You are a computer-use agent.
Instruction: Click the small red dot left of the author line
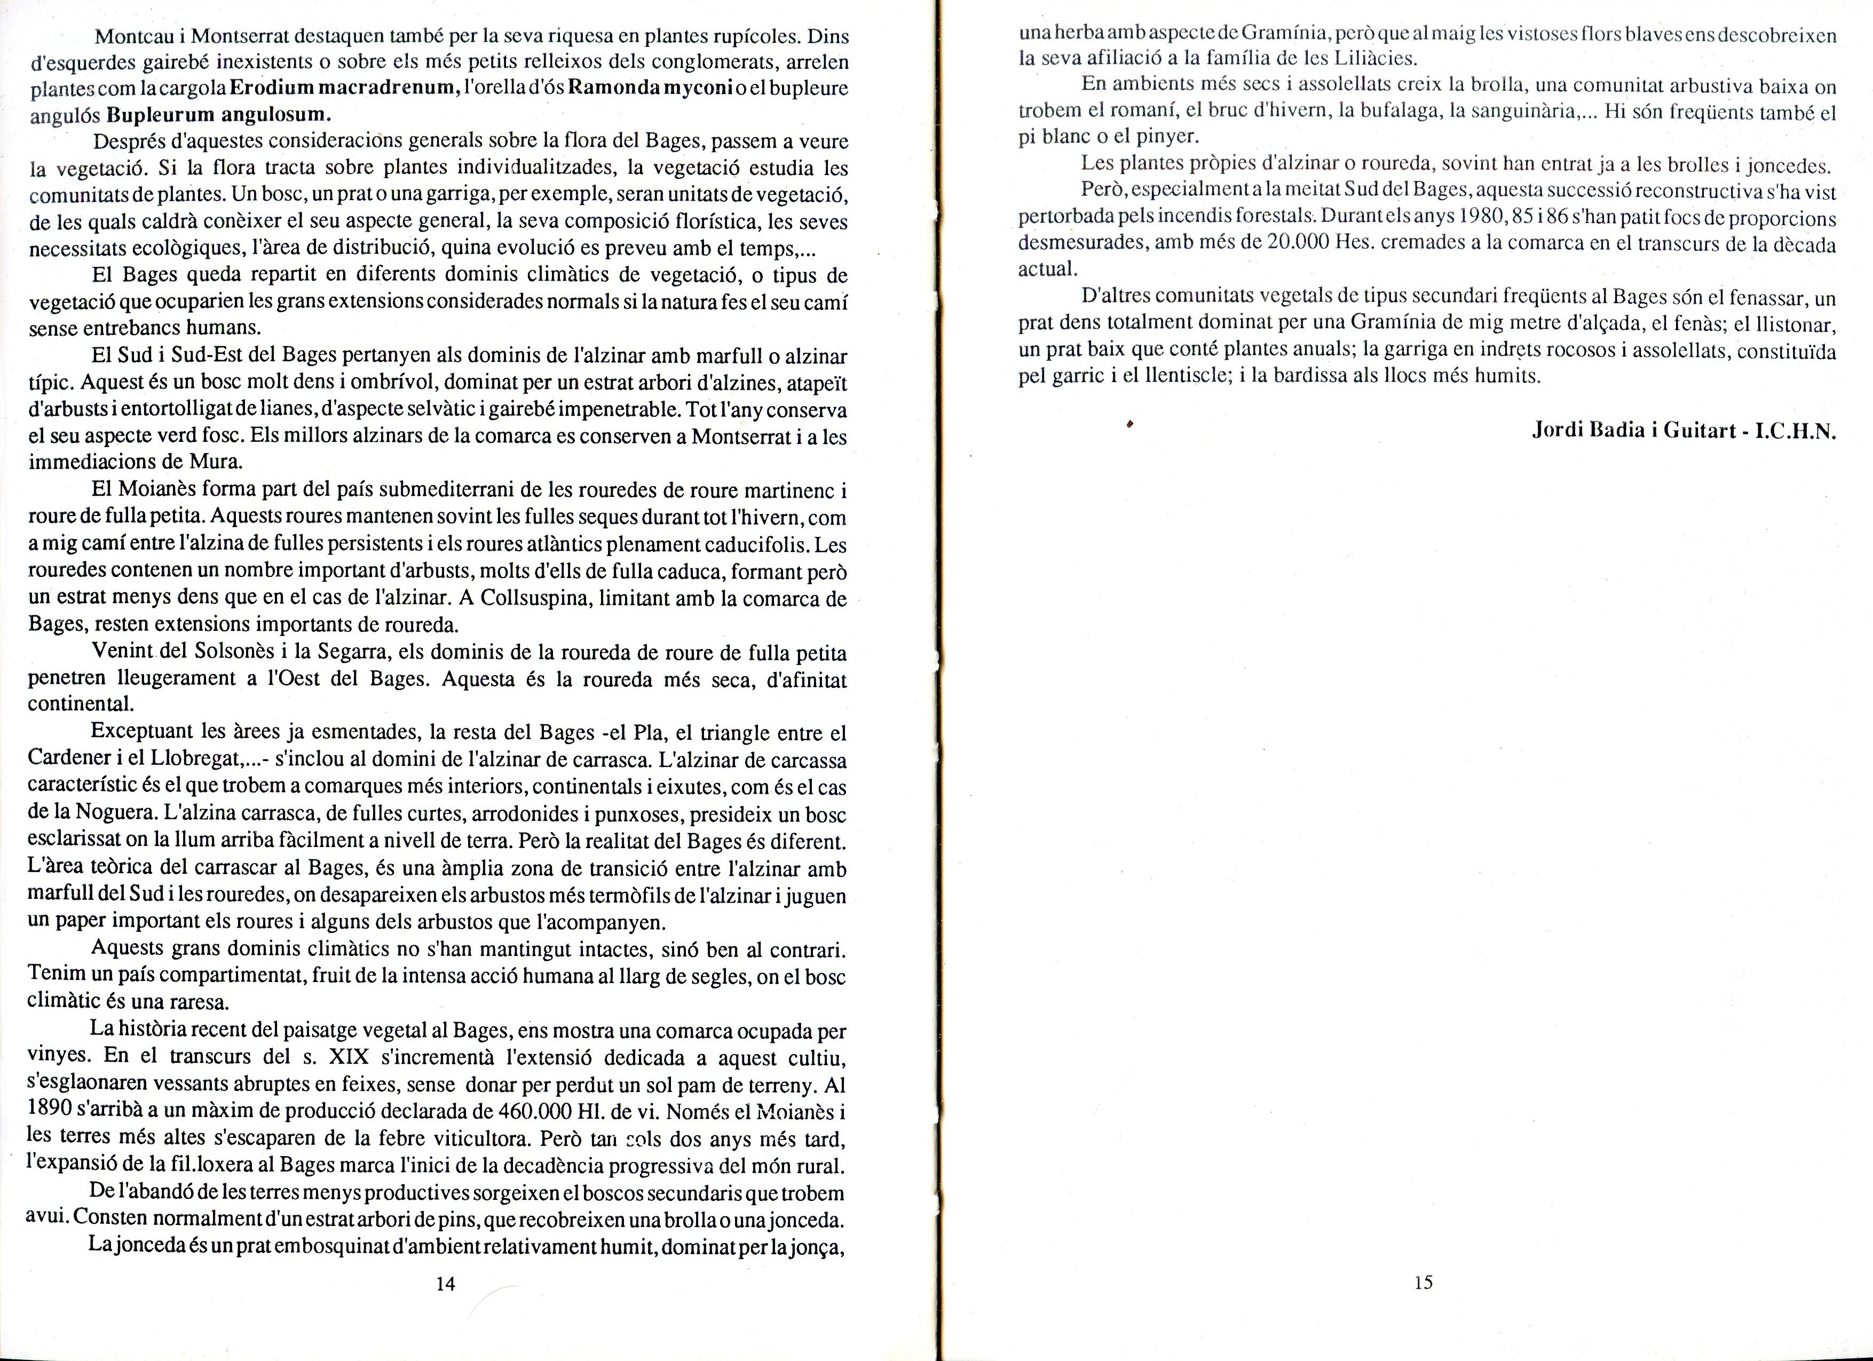(1129, 424)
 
